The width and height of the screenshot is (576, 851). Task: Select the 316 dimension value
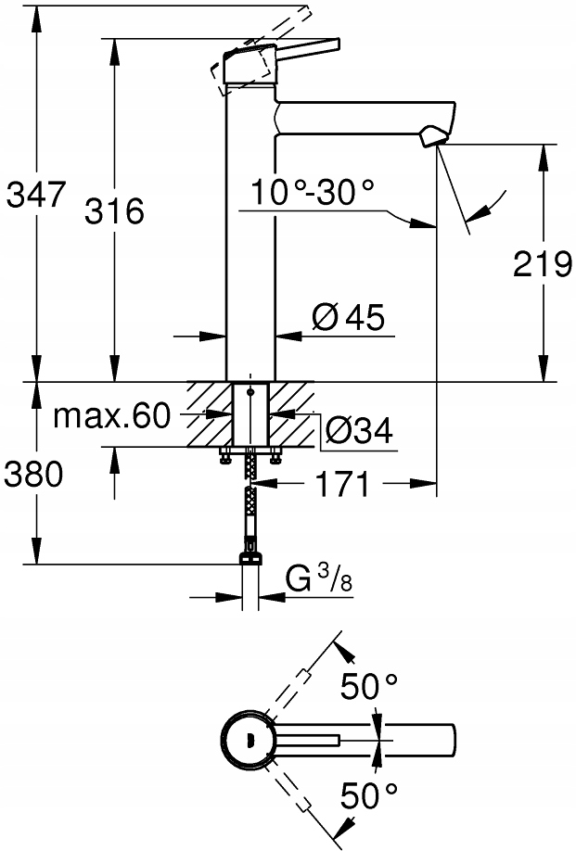point(114,211)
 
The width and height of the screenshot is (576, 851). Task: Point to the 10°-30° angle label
point(313,193)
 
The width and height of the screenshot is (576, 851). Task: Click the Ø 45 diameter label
point(349,319)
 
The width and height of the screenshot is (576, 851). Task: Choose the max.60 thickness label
point(110,416)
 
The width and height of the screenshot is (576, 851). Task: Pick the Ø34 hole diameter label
point(360,430)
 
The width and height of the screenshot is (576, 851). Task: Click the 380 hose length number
point(32,475)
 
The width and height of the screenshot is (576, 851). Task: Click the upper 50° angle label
point(369,687)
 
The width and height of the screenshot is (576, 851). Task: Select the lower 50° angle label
point(369,794)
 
